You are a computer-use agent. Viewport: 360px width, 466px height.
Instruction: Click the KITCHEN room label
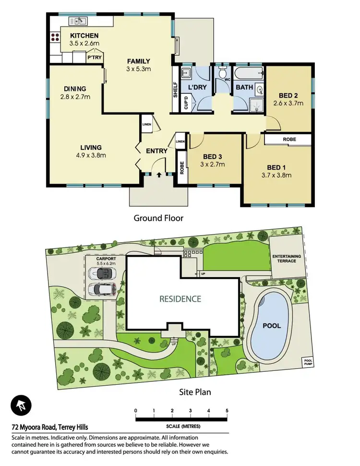(x=84, y=36)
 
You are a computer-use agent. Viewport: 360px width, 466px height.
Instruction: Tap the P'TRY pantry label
(x=93, y=57)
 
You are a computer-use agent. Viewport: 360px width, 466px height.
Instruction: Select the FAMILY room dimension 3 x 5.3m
(x=139, y=69)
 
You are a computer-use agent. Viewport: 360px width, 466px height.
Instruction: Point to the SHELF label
(x=175, y=90)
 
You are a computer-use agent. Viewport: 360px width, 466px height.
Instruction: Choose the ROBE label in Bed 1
(x=289, y=139)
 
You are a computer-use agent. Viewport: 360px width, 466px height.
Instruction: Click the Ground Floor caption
(x=158, y=218)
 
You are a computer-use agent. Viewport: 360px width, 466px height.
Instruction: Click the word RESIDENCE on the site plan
(x=180, y=299)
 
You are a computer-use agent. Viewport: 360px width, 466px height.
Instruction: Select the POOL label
(x=271, y=325)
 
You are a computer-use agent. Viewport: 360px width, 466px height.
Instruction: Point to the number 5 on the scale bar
(x=227, y=410)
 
